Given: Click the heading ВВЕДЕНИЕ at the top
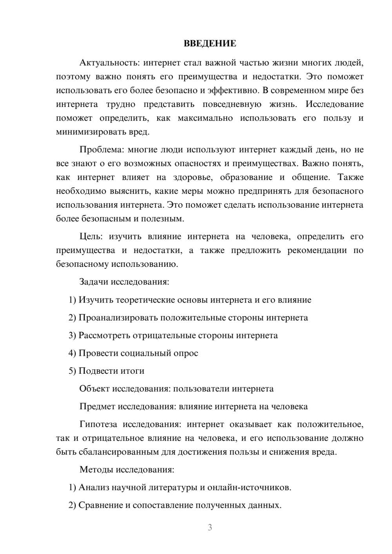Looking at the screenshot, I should tap(210, 43).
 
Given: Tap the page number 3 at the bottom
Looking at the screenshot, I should tap(210, 527).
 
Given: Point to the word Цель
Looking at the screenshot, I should tap(91, 237).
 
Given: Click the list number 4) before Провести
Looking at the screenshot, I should tap(72, 353).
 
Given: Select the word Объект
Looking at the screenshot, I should tap(94, 389).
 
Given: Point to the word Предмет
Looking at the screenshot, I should tap(97, 406).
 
